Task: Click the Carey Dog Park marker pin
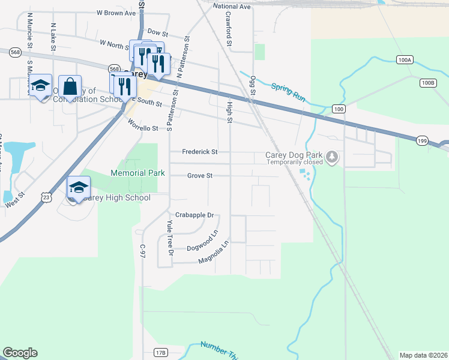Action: [332, 158]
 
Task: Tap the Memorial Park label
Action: [137, 173]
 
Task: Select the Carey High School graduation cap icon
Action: [79, 188]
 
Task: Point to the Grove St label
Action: [200, 176]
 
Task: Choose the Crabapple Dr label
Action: [194, 215]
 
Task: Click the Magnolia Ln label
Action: [214, 252]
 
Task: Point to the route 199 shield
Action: [421, 140]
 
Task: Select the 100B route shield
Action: [427, 83]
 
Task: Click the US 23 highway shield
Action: [46, 196]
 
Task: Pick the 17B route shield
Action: [160, 352]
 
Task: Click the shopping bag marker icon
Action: [70, 87]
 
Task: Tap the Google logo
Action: [20, 353]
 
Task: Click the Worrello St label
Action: [143, 127]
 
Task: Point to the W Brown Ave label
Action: [116, 13]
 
